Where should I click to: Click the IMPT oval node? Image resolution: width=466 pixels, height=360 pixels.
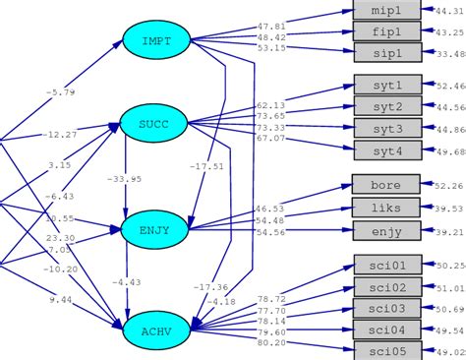pyautogui.click(x=155, y=40)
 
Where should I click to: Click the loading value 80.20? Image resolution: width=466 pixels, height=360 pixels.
pyautogui.click(x=271, y=343)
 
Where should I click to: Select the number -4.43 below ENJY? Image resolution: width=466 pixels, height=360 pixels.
pyautogui.click(x=127, y=283)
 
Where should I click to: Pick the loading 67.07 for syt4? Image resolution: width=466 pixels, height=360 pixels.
pyautogui.click(x=271, y=139)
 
